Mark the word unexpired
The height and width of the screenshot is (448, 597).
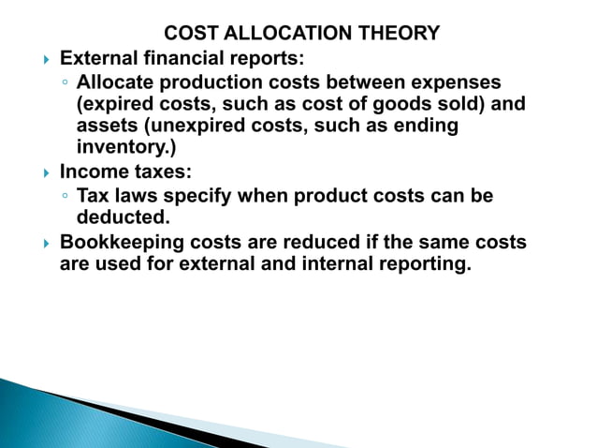coord(203,127)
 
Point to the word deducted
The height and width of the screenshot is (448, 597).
coord(123,217)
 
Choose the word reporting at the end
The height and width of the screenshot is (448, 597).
coord(422,264)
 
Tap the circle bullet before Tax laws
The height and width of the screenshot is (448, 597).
coord(64,197)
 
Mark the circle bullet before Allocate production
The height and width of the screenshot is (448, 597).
coord(64,83)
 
